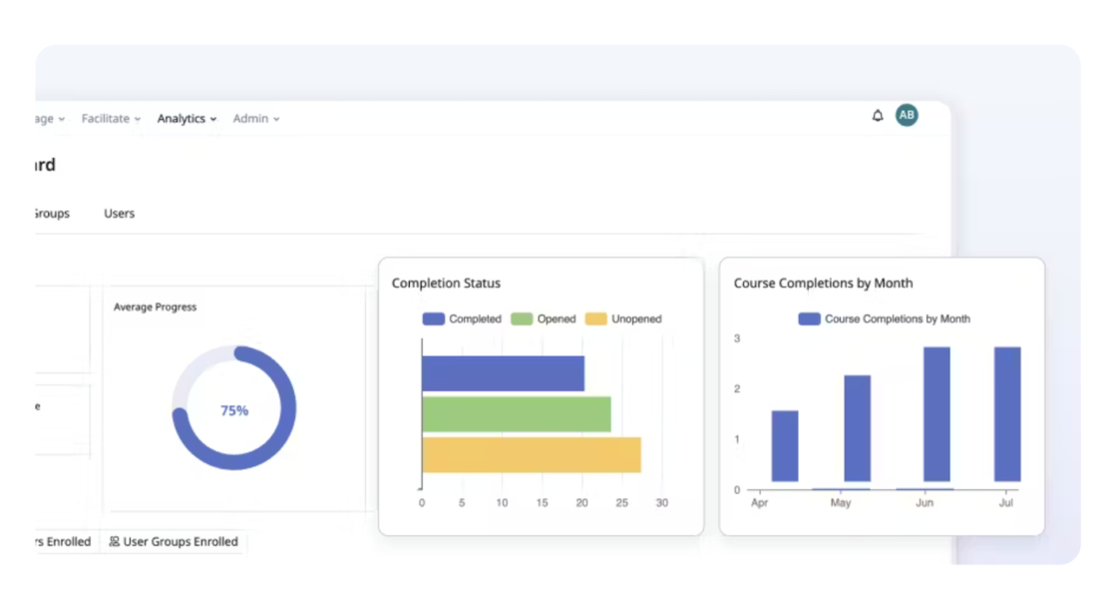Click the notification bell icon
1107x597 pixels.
(878, 116)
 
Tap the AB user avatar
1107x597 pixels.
(907, 116)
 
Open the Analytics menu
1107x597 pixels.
(186, 119)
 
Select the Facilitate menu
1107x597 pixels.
(111, 119)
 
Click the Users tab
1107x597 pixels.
(120, 214)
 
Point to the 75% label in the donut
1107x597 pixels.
(234, 410)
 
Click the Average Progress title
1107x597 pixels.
(155, 307)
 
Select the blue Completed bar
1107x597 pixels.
(503, 373)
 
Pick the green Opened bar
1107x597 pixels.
(516, 413)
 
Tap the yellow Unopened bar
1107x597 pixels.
(531, 454)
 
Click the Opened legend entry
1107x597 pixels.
(544, 319)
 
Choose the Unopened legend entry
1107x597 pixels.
(623, 319)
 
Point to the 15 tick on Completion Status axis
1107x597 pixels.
(542, 503)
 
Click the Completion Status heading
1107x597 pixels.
(446, 284)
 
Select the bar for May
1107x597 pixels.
(858, 428)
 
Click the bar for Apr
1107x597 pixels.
(785, 445)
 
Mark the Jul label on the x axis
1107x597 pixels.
(1006, 503)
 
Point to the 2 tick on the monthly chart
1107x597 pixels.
(737, 388)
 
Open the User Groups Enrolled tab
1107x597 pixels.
(174, 542)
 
